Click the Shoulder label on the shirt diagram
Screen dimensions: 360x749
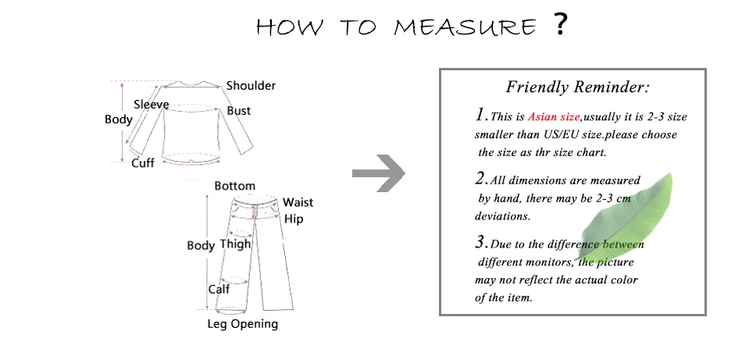[x=251, y=86]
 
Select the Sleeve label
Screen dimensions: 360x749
[x=151, y=105]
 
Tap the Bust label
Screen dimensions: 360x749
[x=238, y=111]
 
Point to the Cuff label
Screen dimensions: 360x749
[x=142, y=163]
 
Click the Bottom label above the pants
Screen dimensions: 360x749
[x=234, y=186]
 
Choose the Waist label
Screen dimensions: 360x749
[x=298, y=202]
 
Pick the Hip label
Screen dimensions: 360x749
[x=294, y=219]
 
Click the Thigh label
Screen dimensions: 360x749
[x=235, y=244]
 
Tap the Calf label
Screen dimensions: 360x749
[x=219, y=290]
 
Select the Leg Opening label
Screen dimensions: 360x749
[x=242, y=323]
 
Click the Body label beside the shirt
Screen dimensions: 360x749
[x=118, y=119]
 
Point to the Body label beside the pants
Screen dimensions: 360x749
[x=201, y=245]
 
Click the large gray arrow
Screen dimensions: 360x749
[x=379, y=173]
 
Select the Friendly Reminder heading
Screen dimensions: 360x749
[x=577, y=87]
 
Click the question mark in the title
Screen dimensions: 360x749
[x=559, y=26]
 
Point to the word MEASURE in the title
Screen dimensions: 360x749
[x=465, y=28]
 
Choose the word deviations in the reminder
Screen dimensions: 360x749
[x=503, y=216]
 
